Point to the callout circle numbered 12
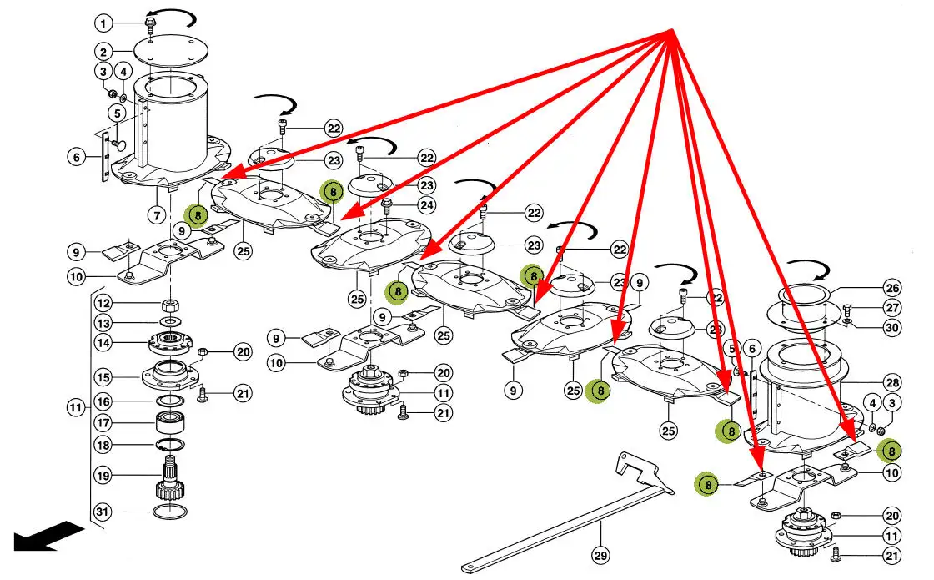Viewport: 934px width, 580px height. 103,302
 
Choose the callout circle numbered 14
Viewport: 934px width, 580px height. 103,342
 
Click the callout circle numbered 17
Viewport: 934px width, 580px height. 103,422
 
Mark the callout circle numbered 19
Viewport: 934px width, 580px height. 103,477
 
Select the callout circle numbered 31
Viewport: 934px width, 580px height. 103,511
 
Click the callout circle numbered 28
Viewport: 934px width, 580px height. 892,382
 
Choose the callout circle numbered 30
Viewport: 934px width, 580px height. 892,328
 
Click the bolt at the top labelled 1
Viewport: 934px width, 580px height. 151,23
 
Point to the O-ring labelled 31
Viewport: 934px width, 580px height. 170,510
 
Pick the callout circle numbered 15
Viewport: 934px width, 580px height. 103,377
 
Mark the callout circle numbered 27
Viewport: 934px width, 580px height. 892,308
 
